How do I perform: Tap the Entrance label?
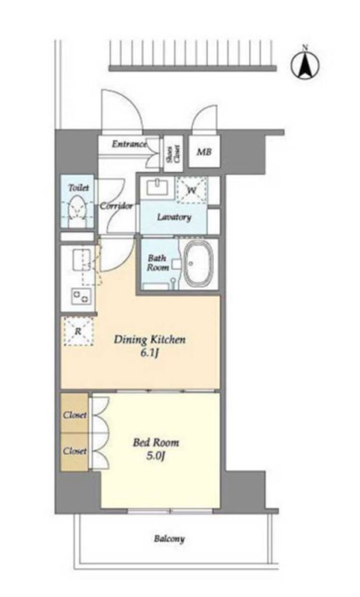pyautogui.click(x=130, y=144)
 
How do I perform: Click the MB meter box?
pyautogui.click(x=204, y=152)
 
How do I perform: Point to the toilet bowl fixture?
pyautogui.click(x=78, y=209)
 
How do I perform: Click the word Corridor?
pyautogui.click(x=116, y=206)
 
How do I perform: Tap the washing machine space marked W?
pyautogui.click(x=191, y=190)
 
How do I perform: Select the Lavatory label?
pyautogui.click(x=174, y=217)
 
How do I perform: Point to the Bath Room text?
pyautogui.click(x=158, y=262)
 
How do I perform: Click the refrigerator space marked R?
pyautogui.click(x=78, y=331)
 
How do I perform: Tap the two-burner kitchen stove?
pyautogui.click(x=81, y=297)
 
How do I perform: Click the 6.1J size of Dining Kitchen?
pyautogui.click(x=150, y=353)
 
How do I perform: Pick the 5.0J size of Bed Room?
pyautogui.click(x=155, y=456)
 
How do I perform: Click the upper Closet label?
pyautogui.click(x=75, y=415)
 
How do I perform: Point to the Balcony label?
pyautogui.click(x=170, y=539)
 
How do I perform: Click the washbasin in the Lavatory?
pyautogui.click(x=158, y=188)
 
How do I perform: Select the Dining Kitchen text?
pyautogui.click(x=150, y=339)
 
